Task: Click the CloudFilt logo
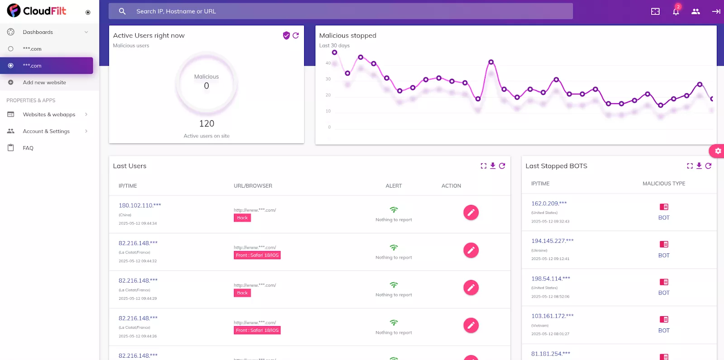[x=37, y=11]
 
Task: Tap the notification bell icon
[x=676, y=12]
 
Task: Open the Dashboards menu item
[x=38, y=32]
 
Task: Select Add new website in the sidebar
[x=44, y=82]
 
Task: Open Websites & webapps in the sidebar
[x=49, y=114]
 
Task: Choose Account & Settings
[x=46, y=131]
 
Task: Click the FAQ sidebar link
[x=28, y=148]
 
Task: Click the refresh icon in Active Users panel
[x=295, y=35]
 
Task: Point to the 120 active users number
[x=206, y=123]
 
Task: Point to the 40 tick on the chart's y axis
[x=328, y=63]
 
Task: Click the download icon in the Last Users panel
[x=493, y=166]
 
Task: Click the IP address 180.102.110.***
[x=139, y=205]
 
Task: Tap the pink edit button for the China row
[x=471, y=213]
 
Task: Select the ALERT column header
[x=393, y=186]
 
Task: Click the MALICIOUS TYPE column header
[x=663, y=184]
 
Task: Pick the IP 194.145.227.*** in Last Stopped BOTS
[x=552, y=241]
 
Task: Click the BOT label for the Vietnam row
[x=663, y=331]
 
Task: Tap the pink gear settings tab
[x=717, y=151]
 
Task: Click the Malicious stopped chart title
[x=348, y=36]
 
